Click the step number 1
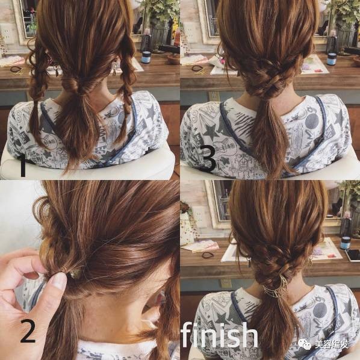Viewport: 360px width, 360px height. (x=23, y=166)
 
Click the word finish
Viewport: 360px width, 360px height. (x=219, y=335)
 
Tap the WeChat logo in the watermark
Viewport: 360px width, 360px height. (x=305, y=344)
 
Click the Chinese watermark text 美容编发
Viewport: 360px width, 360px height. (x=332, y=344)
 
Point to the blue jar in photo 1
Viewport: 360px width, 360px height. (x=146, y=57)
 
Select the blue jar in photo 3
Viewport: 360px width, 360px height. (x=332, y=59)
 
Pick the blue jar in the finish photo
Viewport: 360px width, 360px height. (x=345, y=243)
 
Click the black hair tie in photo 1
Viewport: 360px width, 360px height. (x=16, y=69)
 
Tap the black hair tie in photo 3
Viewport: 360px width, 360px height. (x=197, y=68)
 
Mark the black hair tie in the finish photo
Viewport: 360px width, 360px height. (x=208, y=255)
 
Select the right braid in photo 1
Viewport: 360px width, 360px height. (x=126, y=87)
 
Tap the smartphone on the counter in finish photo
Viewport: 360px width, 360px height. (x=352, y=255)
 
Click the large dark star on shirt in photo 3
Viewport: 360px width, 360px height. (x=211, y=132)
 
